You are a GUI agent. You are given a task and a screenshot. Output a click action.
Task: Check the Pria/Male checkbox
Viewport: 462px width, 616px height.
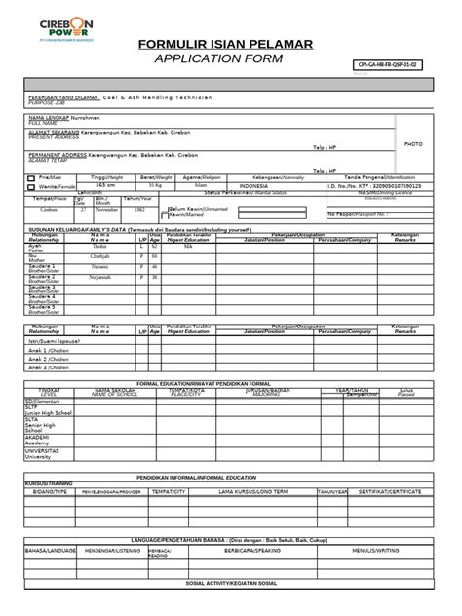pos(29,177)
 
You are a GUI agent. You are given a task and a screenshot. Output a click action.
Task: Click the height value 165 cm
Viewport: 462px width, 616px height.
pos(96,185)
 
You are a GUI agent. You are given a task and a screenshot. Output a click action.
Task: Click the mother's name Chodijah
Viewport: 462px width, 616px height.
pos(100,256)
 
